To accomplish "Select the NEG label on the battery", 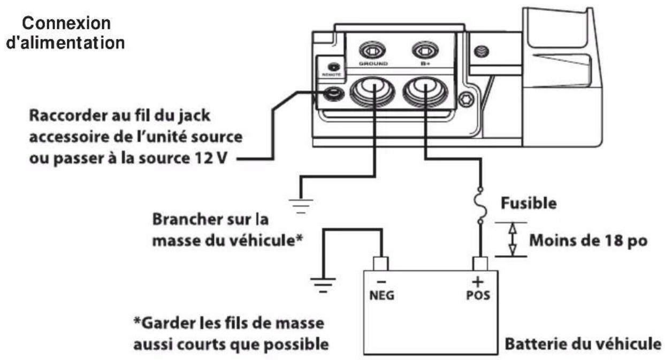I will [x=382, y=295].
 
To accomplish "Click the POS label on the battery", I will [x=478, y=295].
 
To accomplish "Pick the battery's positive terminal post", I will [x=479, y=263].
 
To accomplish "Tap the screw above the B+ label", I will [x=426, y=51].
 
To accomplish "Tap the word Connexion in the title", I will [x=67, y=24].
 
